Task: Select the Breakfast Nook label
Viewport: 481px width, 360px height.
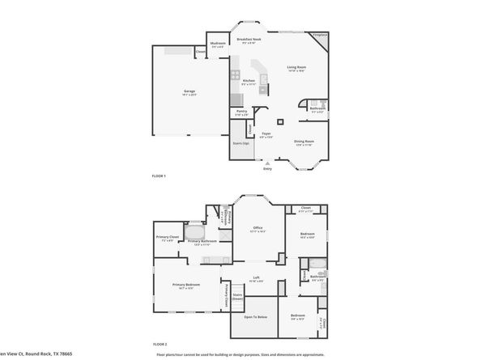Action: click(249, 39)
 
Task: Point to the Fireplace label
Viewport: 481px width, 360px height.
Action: click(319, 36)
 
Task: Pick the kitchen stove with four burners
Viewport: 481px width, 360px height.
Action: click(236, 75)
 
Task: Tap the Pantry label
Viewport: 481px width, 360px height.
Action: click(241, 112)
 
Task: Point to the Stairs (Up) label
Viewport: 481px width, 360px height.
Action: click(240, 144)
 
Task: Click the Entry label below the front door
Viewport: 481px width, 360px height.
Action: click(267, 168)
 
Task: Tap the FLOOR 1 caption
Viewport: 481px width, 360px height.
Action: click(159, 176)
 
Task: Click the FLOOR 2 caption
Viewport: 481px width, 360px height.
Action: click(159, 343)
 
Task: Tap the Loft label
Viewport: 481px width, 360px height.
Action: click(256, 280)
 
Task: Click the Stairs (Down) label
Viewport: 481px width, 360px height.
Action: click(238, 296)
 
